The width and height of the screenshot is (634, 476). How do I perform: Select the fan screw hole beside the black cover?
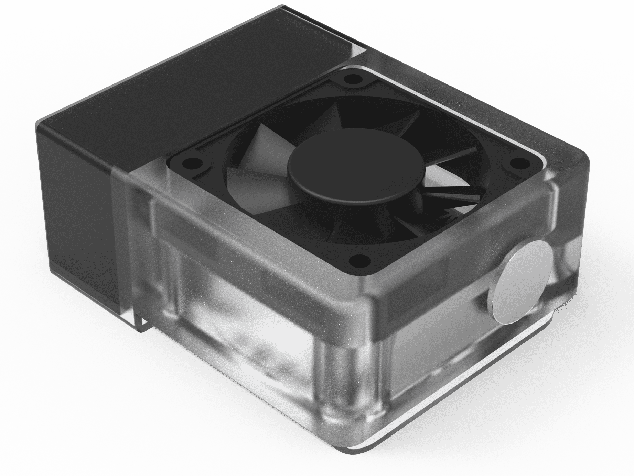point(187,163)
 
